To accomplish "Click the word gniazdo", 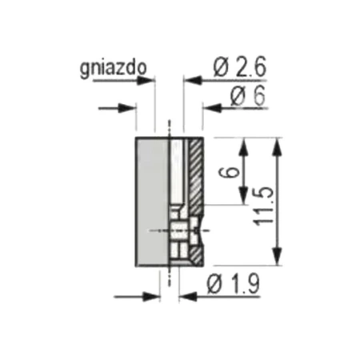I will [113, 69].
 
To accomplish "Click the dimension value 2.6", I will [246, 68].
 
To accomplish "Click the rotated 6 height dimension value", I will [230, 172].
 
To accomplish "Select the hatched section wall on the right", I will [195, 172].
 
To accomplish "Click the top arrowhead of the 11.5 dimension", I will [278, 143].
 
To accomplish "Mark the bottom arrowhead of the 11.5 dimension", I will [278, 259].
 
